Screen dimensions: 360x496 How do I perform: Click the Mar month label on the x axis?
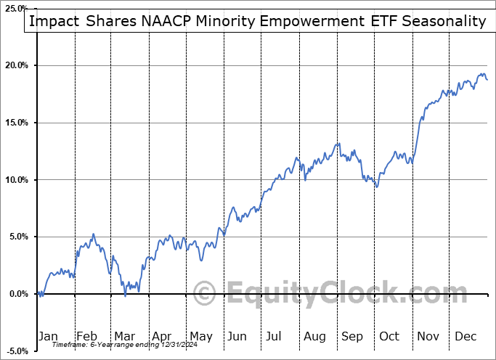click(125, 336)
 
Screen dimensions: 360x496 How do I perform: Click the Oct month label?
click(389, 336)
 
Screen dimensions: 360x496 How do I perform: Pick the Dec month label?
click(465, 336)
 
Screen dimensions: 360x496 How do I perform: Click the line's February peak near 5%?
click(93, 234)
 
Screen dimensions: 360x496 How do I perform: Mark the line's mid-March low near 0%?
click(125, 295)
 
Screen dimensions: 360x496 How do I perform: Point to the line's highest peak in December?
click(483, 73)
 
